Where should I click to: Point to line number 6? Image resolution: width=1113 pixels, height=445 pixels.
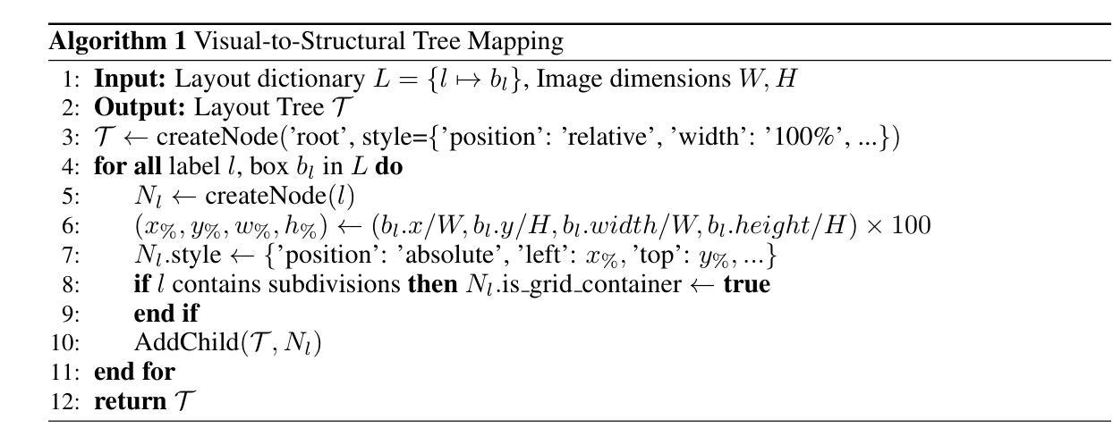click(x=71, y=225)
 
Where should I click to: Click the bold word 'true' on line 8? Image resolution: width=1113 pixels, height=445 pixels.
click(x=746, y=284)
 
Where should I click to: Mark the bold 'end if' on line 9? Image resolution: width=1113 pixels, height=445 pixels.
click(x=166, y=313)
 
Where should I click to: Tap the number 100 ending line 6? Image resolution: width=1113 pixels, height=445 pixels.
click(x=911, y=225)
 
